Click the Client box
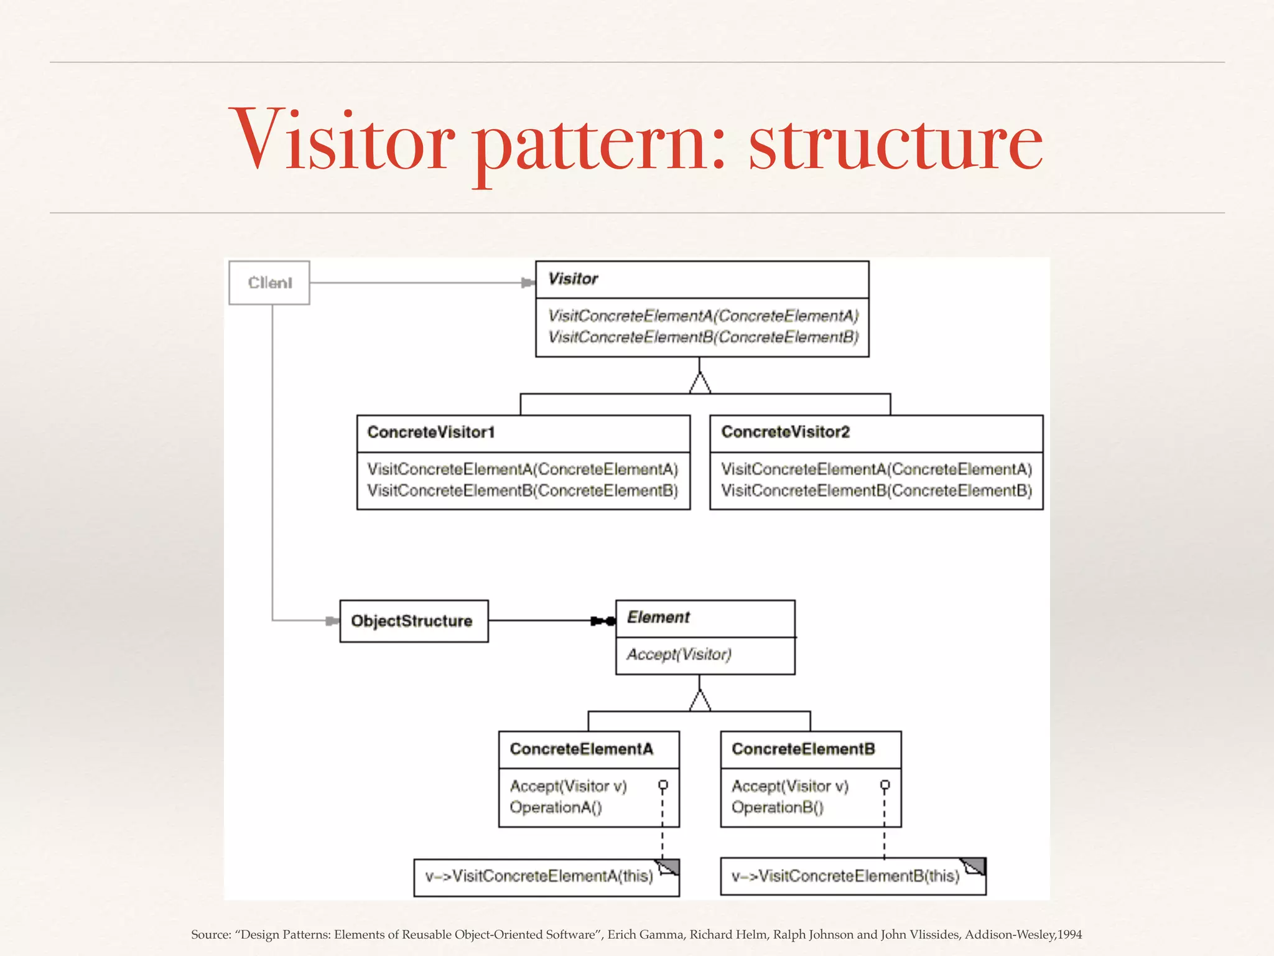(x=269, y=283)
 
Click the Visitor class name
(x=573, y=279)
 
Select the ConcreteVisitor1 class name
(x=430, y=432)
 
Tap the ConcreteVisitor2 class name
(x=785, y=432)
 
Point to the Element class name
(x=658, y=617)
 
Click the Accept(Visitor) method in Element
(x=679, y=654)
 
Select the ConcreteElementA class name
(x=581, y=749)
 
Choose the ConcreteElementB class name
(x=803, y=749)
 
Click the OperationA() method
(x=556, y=807)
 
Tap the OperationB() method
(x=777, y=807)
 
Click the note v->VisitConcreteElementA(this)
(x=539, y=876)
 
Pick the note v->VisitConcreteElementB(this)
(x=845, y=876)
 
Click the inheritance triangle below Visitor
(x=700, y=383)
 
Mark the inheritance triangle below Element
(x=700, y=701)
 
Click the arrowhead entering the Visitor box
(x=528, y=283)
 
